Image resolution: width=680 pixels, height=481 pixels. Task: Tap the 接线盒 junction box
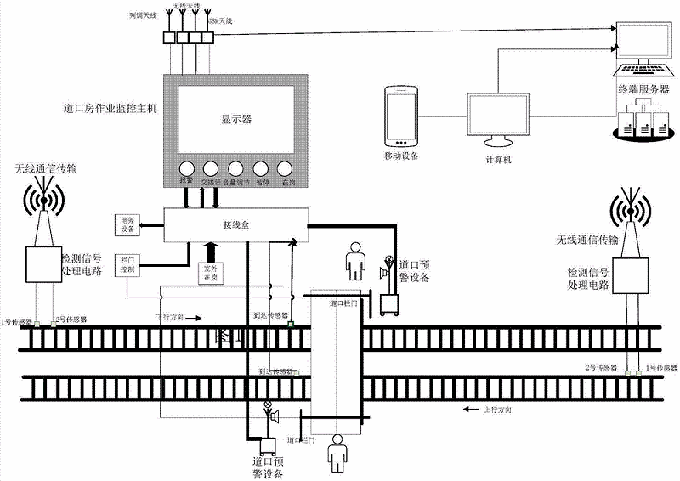click(x=234, y=227)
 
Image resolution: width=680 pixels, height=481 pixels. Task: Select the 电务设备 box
click(x=125, y=225)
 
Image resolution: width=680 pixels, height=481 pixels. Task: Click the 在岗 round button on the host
click(x=286, y=167)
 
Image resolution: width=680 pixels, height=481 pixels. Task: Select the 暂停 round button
click(x=261, y=167)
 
